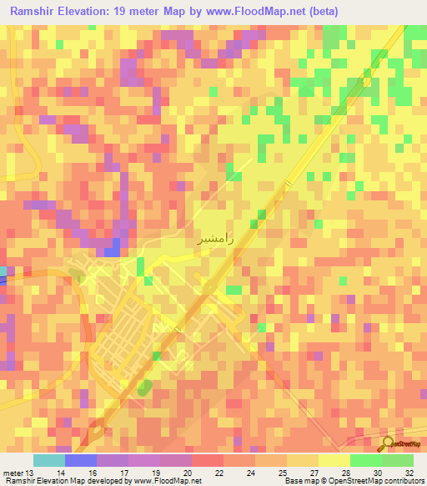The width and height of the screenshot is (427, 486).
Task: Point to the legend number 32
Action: click(409, 472)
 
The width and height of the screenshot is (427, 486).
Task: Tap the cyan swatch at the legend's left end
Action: click(49, 460)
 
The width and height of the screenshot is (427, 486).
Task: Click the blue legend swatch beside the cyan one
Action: click(81, 460)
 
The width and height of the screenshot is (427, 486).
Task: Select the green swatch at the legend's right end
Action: click(398, 460)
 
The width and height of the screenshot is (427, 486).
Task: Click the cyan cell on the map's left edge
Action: click(3, 271)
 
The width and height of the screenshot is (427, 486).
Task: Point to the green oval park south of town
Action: click(144, 387)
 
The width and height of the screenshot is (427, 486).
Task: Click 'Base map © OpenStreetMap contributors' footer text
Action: click(353, 481)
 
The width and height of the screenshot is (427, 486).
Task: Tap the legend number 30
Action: click(378, 472)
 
